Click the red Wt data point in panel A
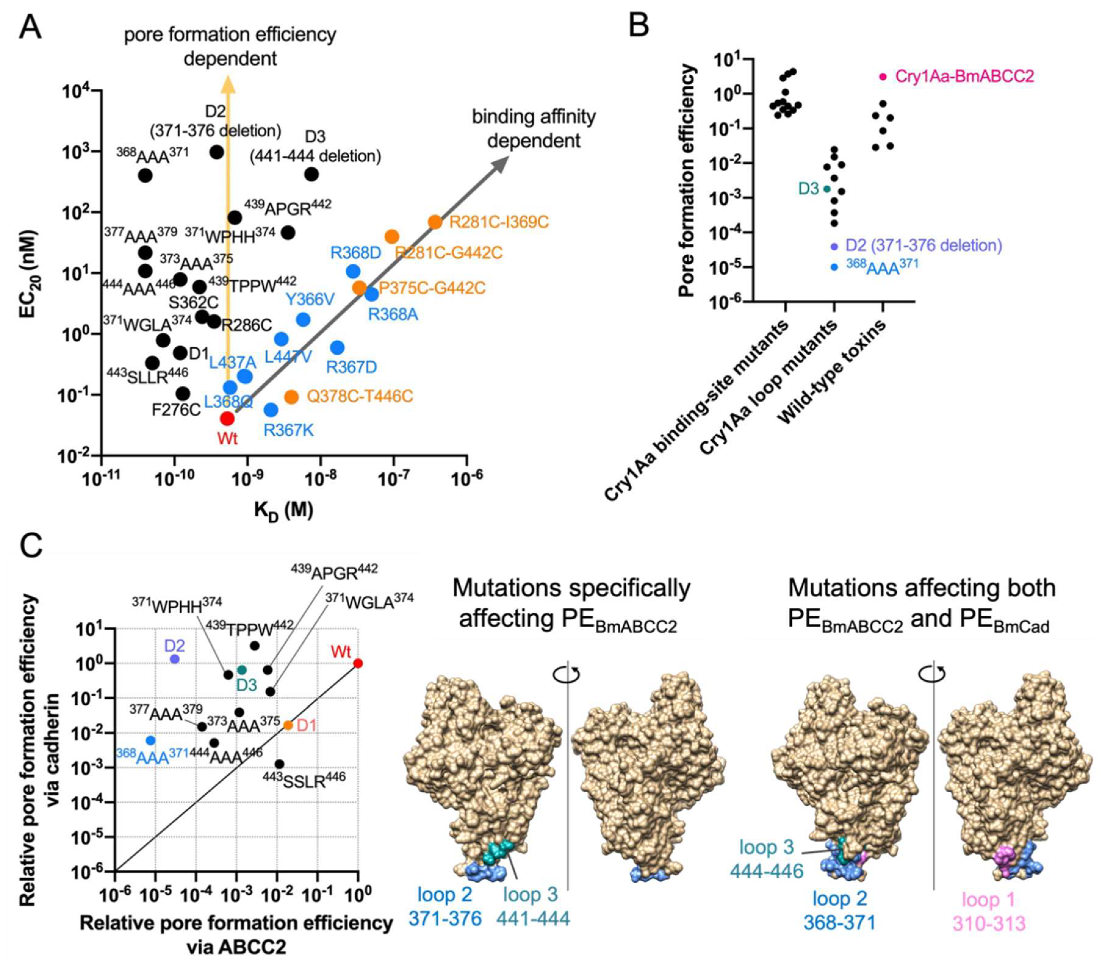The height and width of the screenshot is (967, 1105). pos(227,418)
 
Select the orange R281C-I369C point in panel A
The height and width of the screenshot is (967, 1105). pos(435,222)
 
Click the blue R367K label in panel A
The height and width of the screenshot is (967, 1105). pos(288,430)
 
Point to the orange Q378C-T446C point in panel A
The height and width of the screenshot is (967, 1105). pos(291,397)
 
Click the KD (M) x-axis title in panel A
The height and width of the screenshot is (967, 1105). pos(283,509)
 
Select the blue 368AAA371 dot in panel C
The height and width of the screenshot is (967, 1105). pos(150,740)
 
